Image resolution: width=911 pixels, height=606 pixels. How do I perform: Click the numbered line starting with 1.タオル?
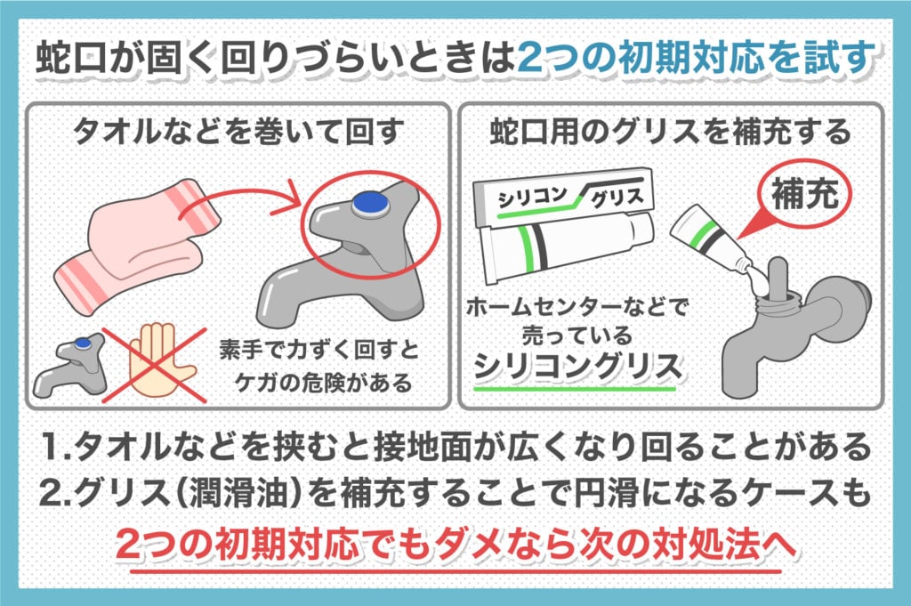click(455, 445)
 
